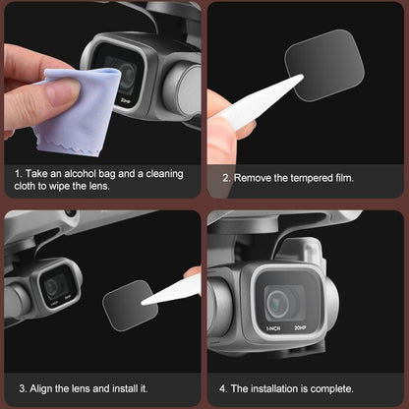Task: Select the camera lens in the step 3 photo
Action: (54, 286)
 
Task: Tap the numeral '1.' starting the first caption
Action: (18, 173)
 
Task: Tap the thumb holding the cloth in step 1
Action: (59, 93)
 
